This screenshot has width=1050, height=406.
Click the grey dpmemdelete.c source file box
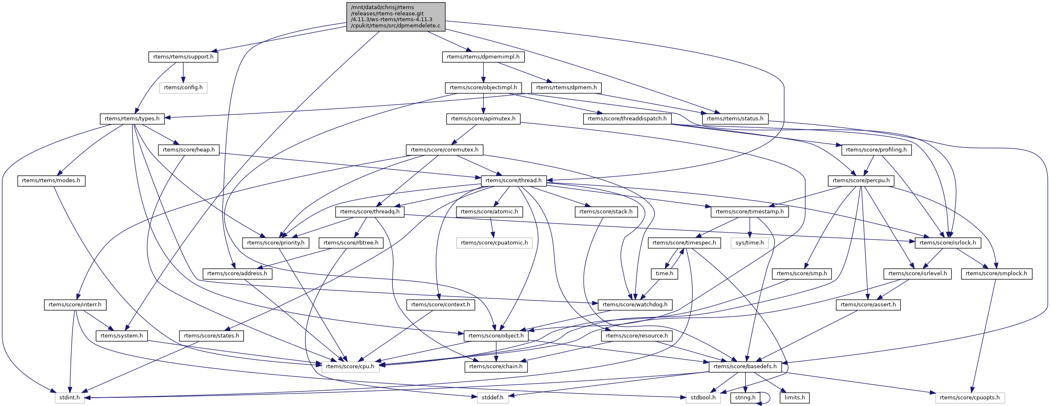coord(396,17)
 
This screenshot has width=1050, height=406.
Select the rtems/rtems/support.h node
coord(183,57)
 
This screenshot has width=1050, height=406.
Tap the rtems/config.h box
coord(183,88)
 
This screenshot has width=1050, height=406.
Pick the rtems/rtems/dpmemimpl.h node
coord(483,57)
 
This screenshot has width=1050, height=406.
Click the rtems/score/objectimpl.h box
coord(483,88)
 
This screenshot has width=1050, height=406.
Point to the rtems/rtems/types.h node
coord(132,119)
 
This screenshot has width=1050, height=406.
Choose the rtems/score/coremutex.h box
coord(444,150)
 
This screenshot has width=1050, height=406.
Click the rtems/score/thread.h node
coord(513,181)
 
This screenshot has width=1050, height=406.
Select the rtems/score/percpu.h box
coord(861,181)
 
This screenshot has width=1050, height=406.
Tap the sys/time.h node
coord(749,243)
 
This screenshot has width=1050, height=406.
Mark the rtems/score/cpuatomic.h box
coord(494,243)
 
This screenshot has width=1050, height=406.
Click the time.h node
coord(664,274)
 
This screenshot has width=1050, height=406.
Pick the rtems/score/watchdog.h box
coord(635,305)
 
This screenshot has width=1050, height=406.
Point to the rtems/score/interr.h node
coord(75,305)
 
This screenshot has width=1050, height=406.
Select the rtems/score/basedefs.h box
coord(745,367)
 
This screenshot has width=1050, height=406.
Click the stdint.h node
coord(69,398)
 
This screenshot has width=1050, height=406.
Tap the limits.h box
coord(795,398)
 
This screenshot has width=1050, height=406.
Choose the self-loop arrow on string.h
coord(768,398)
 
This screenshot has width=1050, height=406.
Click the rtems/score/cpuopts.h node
coord(969,398)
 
